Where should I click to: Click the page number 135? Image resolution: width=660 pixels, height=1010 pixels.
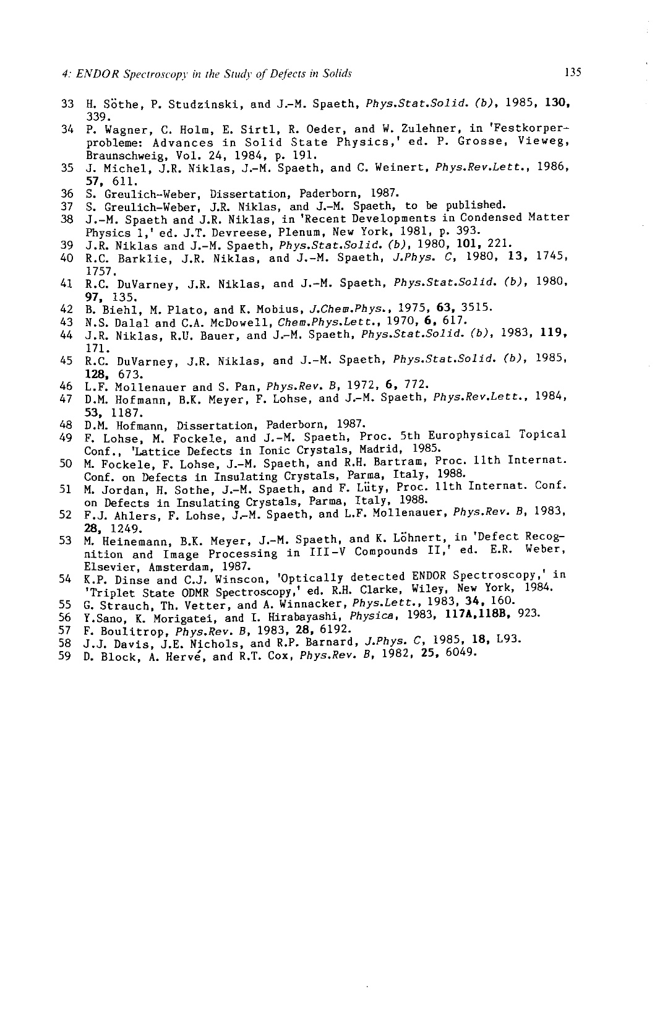[x=573, y=72]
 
